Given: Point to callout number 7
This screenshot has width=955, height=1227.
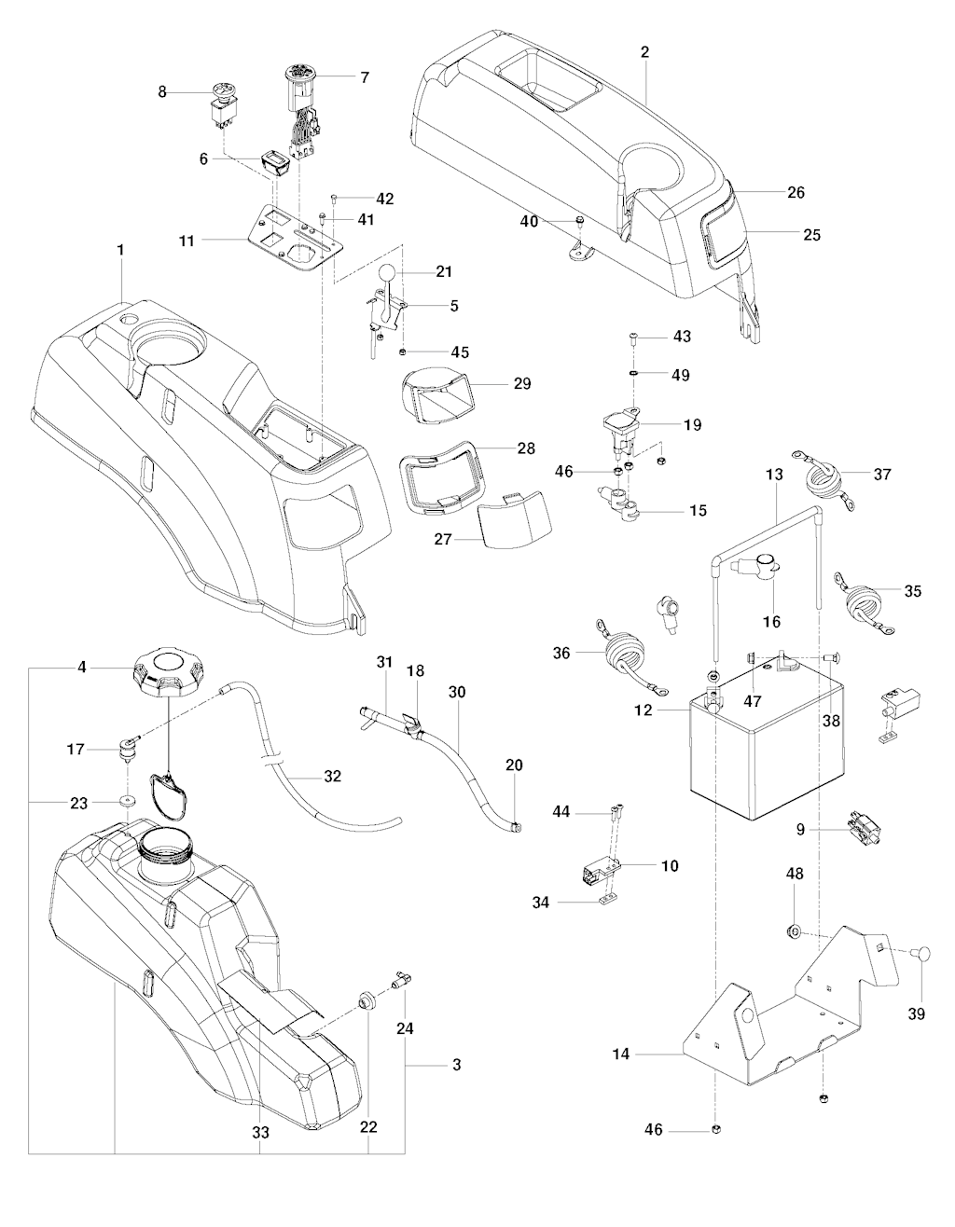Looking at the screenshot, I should tap(364, 77).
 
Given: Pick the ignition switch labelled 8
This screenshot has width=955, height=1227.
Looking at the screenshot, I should tap(224, 103).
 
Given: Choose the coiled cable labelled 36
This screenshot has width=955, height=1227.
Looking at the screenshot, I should tap(619, 646).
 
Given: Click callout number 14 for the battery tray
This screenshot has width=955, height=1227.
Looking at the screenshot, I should tap(621, 1055).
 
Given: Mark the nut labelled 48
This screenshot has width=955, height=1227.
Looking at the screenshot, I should tap(794, 931).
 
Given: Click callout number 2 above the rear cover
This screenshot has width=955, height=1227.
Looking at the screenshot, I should tap(644, 52).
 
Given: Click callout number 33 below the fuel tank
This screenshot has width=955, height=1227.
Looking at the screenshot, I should tap(260, 1133).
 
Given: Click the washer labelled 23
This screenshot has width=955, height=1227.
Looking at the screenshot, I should tap(124, 799).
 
